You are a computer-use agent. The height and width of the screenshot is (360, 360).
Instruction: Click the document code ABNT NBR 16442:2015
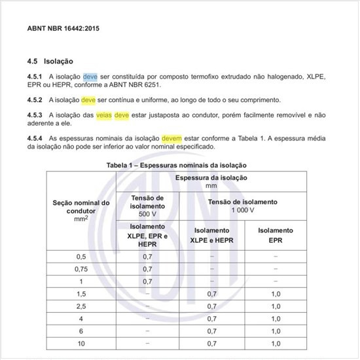click(x=63, y=29)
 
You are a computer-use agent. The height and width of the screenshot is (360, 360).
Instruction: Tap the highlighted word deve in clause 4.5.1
click(x=90, y=77)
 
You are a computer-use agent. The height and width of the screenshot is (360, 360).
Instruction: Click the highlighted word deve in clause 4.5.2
click(x=88, y=100)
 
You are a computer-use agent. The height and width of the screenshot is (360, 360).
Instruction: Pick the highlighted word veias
click(x=105, y=115)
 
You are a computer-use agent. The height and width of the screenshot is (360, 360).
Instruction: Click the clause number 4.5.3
click(x=35, y=115)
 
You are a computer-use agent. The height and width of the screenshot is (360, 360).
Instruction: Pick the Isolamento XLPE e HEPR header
click(x=211, y=235)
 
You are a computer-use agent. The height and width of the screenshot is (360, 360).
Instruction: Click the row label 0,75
click(x=81, y=269)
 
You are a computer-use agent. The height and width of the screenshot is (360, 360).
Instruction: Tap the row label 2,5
click(x=81, y=306)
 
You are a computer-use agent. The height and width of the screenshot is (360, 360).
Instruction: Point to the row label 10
click(x=81, y=343)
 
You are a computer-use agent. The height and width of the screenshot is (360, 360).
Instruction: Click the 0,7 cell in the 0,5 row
click(x=147, y=257)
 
